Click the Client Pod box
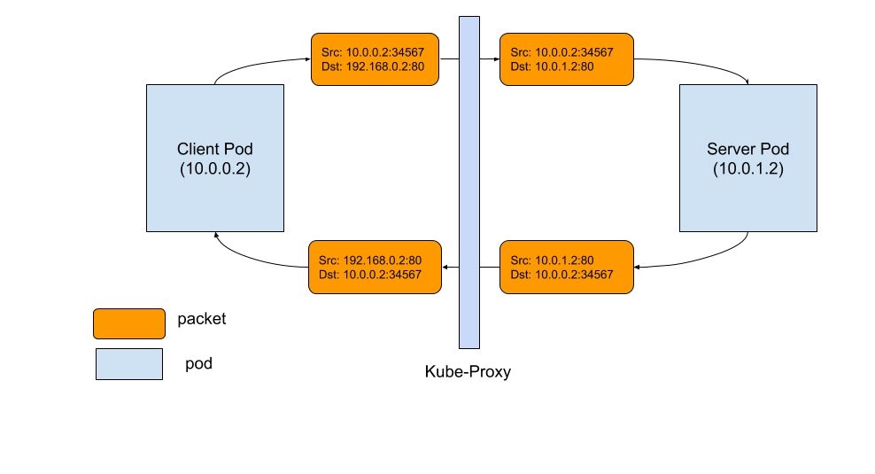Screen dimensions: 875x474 pos(215,158)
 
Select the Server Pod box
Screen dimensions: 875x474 pos(747,158)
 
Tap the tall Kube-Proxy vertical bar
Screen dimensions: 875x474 pos(469,183)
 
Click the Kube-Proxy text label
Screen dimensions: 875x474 pos(468,372)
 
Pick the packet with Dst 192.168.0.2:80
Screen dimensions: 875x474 pos(375,59)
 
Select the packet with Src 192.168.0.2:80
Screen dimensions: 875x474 pos(375,267)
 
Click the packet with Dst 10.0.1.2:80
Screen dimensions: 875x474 pos(567,59)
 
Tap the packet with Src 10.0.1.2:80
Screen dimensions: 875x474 pos(567,267)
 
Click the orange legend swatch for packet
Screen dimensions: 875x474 pos(129,323)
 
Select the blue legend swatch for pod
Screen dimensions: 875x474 pos(129,364)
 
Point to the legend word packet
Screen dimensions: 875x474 pos(201,319)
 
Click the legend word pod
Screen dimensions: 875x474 pos(198,364)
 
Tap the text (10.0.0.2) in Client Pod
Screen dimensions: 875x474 pos(215,168)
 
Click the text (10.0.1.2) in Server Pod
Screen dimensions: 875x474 pos(747,168)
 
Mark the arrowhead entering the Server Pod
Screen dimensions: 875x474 pos(747,82)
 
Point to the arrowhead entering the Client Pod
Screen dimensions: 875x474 pos(216,235)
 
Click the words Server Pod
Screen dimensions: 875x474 pos(747,149)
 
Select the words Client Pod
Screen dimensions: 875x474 pos(215,149)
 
